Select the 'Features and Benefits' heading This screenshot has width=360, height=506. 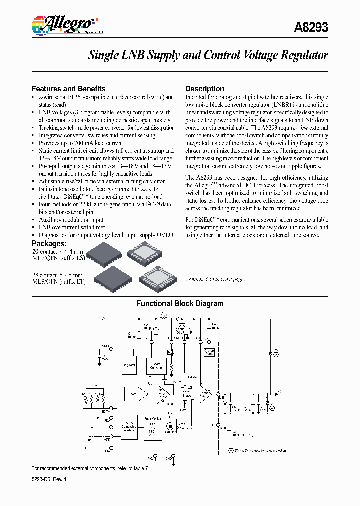[68, 89]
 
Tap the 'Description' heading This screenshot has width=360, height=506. [205, 89]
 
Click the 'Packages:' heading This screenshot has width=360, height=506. [49, 244]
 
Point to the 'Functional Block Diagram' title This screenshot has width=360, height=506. [180, 304]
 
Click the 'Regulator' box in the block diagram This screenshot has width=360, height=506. [129, 365]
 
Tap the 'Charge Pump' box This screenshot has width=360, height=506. [209, 353]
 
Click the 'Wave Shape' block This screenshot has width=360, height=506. [187, 394]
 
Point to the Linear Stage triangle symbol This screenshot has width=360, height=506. [205, 394]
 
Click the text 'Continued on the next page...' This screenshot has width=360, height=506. [216, 279]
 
